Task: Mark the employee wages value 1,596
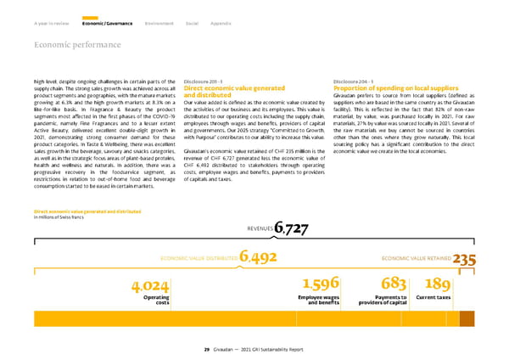point(322,283)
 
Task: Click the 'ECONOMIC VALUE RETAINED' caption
point(416,258)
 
